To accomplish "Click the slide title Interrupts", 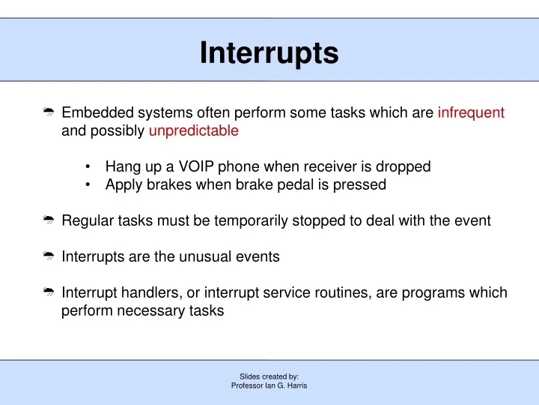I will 269,53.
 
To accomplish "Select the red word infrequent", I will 471,113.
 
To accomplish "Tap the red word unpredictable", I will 194,131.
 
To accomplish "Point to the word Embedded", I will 92,113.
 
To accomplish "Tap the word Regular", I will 87,220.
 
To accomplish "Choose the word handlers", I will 147,292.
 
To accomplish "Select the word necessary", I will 149,310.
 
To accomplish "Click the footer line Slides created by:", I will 269,376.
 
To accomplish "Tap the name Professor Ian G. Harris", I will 269,385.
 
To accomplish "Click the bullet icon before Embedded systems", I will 49,113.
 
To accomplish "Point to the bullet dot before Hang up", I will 89,167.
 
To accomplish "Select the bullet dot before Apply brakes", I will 89,185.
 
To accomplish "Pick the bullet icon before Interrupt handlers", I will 49,292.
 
